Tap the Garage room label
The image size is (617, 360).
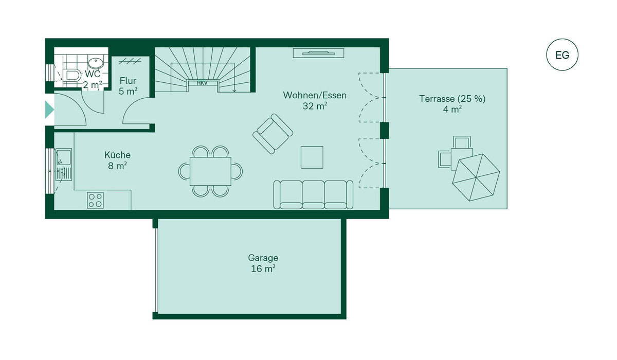point(263,258)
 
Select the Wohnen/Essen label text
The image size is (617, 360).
point(315,95)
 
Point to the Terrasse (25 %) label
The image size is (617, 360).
point(452,99)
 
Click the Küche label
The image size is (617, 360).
point(117,155)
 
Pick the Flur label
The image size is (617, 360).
point(128,81)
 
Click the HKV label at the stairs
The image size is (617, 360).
point(202,83)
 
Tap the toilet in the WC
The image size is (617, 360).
point(71,75)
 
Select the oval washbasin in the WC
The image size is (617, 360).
point(96,63)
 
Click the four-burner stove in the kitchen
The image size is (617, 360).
point(95,200)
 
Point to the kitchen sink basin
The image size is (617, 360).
point(64,157)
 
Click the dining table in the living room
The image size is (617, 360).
point(210,171)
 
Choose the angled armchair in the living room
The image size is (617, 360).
point(273,134)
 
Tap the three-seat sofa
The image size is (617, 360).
point(313,195)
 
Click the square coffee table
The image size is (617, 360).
point(312,157)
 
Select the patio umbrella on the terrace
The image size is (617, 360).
point(476,177)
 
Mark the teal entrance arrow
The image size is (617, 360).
point(49,110)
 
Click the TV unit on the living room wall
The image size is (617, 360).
point(318,53)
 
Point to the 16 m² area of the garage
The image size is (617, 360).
point(263,268)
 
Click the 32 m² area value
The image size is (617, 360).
point(315,106)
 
